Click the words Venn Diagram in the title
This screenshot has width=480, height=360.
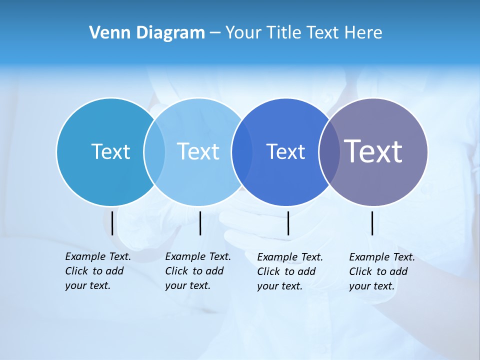147,32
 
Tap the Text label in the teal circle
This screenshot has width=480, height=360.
110,151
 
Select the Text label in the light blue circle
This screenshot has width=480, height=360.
198,151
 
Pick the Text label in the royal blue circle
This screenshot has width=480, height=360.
285,151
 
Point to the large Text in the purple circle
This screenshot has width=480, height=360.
373,151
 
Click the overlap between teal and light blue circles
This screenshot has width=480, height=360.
154,151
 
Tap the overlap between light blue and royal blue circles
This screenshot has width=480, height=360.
238,151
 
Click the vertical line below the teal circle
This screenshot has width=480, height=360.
112,223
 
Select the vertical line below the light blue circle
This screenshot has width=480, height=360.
200,223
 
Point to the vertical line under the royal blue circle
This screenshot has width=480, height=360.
288,223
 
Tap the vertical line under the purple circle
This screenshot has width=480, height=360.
372,223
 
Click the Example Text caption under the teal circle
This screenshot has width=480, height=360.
97,271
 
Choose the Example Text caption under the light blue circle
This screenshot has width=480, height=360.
197,271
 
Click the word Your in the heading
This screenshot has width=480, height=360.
242,32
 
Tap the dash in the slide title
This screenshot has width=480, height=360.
215,33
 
